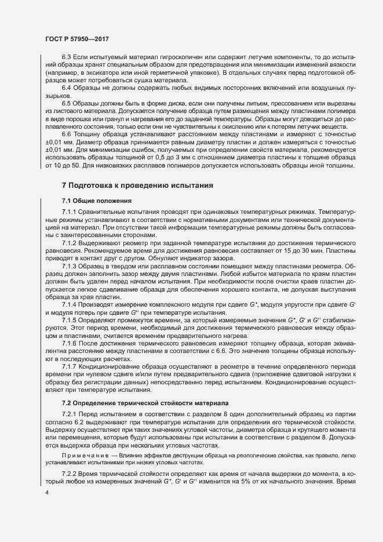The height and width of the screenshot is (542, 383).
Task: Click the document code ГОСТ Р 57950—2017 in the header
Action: coord(77,39)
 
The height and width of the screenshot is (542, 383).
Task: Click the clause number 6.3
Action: coord(66,57)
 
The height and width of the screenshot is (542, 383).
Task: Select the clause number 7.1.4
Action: coord(69,304)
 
